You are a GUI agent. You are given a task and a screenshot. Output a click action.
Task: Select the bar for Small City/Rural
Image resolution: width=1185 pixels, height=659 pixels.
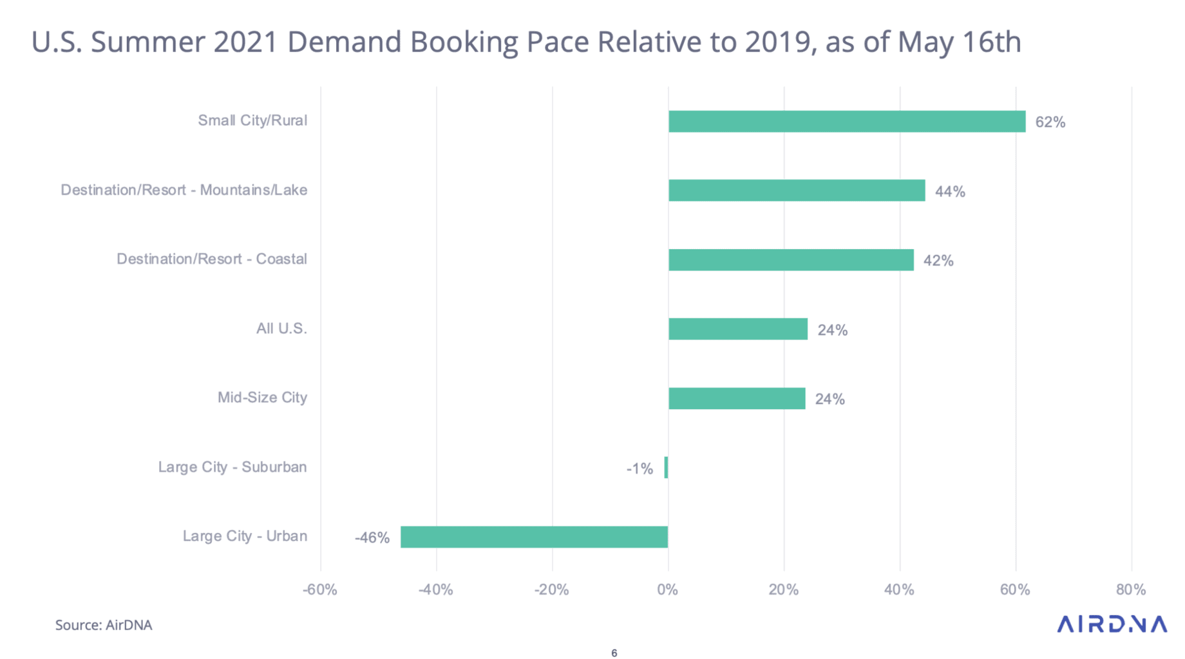[x=846, y=122]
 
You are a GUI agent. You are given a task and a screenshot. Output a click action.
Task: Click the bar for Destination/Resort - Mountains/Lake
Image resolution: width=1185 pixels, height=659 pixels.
[x=797, y=190]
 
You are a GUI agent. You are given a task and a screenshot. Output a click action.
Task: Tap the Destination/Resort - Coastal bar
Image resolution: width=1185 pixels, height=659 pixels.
[x=791, y=260]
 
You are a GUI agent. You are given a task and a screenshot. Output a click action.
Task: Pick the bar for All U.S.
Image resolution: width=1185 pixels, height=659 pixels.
[x=738, y=329]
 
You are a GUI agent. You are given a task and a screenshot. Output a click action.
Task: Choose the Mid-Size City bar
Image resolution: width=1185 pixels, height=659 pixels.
[x=737, y=398]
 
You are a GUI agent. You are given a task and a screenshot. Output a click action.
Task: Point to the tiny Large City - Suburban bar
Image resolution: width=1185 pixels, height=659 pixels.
[x=666, y=467]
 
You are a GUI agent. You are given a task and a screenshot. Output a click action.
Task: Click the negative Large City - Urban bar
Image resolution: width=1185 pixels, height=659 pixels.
[x=534, y=537]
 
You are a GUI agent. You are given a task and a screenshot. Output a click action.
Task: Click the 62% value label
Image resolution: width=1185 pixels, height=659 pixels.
[x=1050, y=122]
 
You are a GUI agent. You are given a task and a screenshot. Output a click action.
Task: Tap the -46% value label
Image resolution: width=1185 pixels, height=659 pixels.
[x=372, y=538]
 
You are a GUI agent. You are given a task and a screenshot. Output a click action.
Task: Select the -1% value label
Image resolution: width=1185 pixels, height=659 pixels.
[x=640, y=469]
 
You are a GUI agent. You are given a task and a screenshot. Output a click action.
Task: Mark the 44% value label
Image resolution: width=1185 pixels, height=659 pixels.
[x=950, y=192]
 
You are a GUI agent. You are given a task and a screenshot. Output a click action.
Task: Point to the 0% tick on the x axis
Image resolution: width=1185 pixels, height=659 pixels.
[x=668, y=589]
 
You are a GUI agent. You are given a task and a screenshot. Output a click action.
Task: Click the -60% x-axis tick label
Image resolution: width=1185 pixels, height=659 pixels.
[x=320, y=589]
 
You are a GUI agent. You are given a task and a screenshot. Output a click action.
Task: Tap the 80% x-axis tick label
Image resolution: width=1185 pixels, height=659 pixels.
[x=1131, y=589]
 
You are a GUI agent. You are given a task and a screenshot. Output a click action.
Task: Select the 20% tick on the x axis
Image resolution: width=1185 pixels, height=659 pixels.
[x=784, y=589]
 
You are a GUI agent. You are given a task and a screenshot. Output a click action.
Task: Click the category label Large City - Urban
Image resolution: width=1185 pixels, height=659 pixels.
[x=245, y=536]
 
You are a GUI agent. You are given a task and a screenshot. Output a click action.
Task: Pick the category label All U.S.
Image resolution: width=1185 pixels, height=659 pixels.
[x=281, y=329]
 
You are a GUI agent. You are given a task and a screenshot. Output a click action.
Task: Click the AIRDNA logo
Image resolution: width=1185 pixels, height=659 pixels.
[x=1112, y=624]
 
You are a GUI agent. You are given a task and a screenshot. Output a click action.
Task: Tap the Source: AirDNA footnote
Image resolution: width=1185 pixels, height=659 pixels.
[x=104, y=625]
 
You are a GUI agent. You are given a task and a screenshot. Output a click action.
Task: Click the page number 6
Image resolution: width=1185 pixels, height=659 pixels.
[x=614, y=653]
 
